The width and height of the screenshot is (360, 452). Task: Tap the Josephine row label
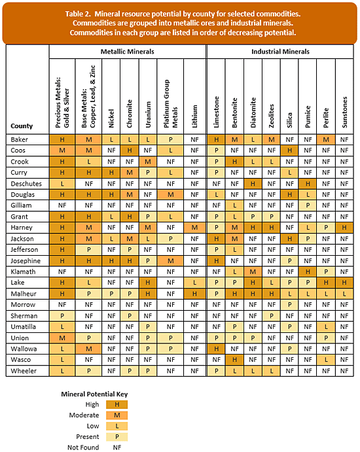[x=26, y=261]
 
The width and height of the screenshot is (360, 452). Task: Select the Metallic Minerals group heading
[x=128, y=51]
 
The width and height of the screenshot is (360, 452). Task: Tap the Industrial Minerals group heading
[x=280, y=51]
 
